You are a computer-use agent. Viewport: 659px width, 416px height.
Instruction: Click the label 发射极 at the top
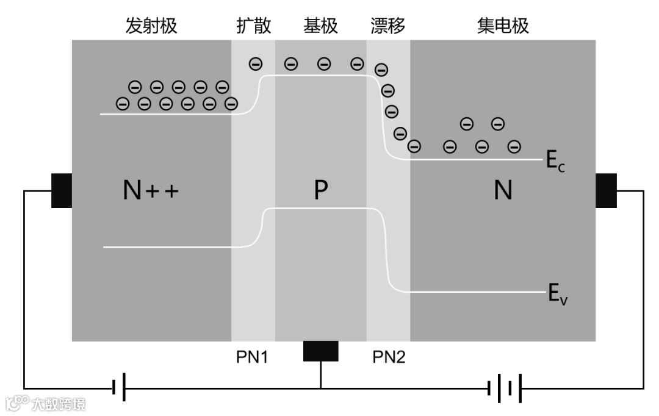(151, 26)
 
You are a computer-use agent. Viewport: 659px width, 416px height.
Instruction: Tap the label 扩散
(253, 26)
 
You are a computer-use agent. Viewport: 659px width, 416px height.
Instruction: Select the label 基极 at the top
(320, 26)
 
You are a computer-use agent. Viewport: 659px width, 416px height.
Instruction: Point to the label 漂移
(388, 26)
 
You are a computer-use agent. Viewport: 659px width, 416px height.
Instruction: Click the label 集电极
(503, 26)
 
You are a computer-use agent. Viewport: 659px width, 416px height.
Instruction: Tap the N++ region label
(151, 192)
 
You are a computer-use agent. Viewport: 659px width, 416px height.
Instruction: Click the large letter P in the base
(320, 192)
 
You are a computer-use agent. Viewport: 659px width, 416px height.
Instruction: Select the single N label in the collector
(503, 192)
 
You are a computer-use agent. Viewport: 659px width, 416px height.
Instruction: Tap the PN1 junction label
(252, 357)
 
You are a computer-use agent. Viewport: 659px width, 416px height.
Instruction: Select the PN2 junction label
(389, 357)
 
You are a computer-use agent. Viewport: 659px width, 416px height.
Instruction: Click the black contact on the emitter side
(61, 191)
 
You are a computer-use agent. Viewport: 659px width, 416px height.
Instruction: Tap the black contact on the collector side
(606, 191)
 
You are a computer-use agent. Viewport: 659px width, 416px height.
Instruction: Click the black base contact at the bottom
(320, 351)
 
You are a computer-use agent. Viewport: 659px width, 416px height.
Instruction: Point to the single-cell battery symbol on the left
(119, 387)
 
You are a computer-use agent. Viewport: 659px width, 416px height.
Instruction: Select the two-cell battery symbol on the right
(505, 387)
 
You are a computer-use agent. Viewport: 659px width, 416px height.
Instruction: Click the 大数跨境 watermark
(46, 403)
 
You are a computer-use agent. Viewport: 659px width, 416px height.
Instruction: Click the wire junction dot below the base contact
(320, 387)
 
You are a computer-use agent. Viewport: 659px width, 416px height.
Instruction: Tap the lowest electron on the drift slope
(414, 146)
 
